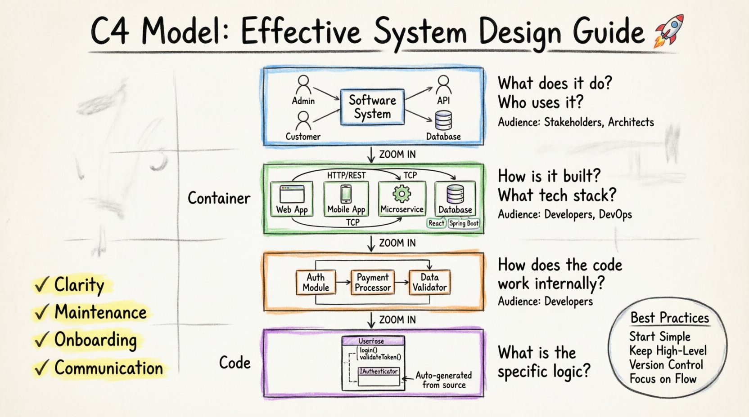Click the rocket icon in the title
669,30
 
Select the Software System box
372,106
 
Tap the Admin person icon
303,84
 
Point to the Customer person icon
303,120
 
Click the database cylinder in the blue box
443,120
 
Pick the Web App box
292,199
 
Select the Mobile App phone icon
346,194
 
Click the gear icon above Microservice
402,194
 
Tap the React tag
436,223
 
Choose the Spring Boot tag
464,223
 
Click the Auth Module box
316,282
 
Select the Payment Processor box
373,282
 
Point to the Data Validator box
429,282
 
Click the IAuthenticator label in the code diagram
379,371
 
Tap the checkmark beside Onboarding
41,340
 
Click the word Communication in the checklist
108,368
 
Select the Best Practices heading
669,318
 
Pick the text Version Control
666,364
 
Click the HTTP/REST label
346,175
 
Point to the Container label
219,198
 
